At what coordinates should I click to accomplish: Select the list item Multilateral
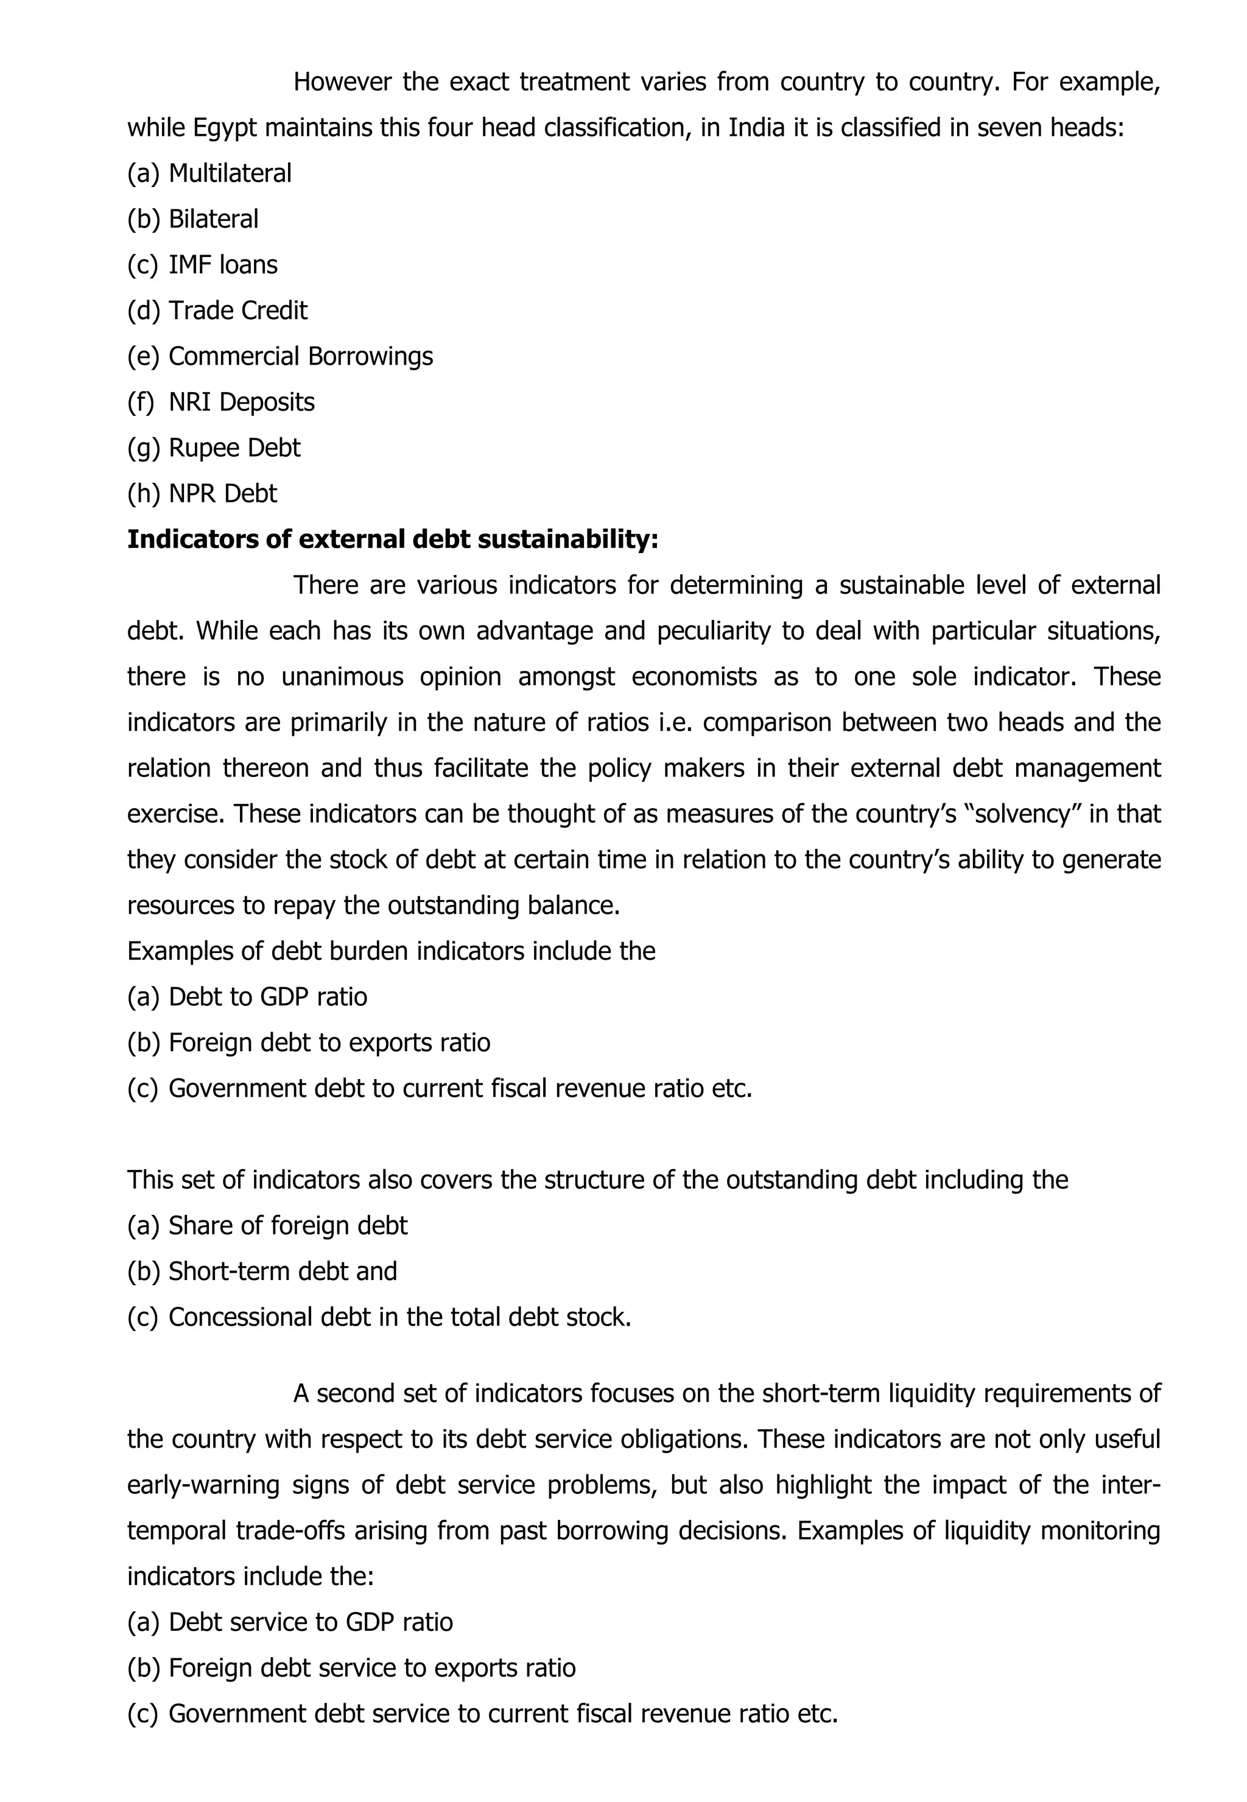[230, 174]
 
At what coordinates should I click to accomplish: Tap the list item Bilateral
[213, 220]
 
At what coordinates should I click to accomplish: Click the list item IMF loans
[223, 265]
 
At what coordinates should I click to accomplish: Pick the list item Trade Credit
[237, 311]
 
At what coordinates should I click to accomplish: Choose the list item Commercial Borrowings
[300, 356]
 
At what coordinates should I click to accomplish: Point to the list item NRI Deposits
[242, 403]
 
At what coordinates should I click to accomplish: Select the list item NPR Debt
[223, 494]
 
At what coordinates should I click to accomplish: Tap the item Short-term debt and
[282, 1272]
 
